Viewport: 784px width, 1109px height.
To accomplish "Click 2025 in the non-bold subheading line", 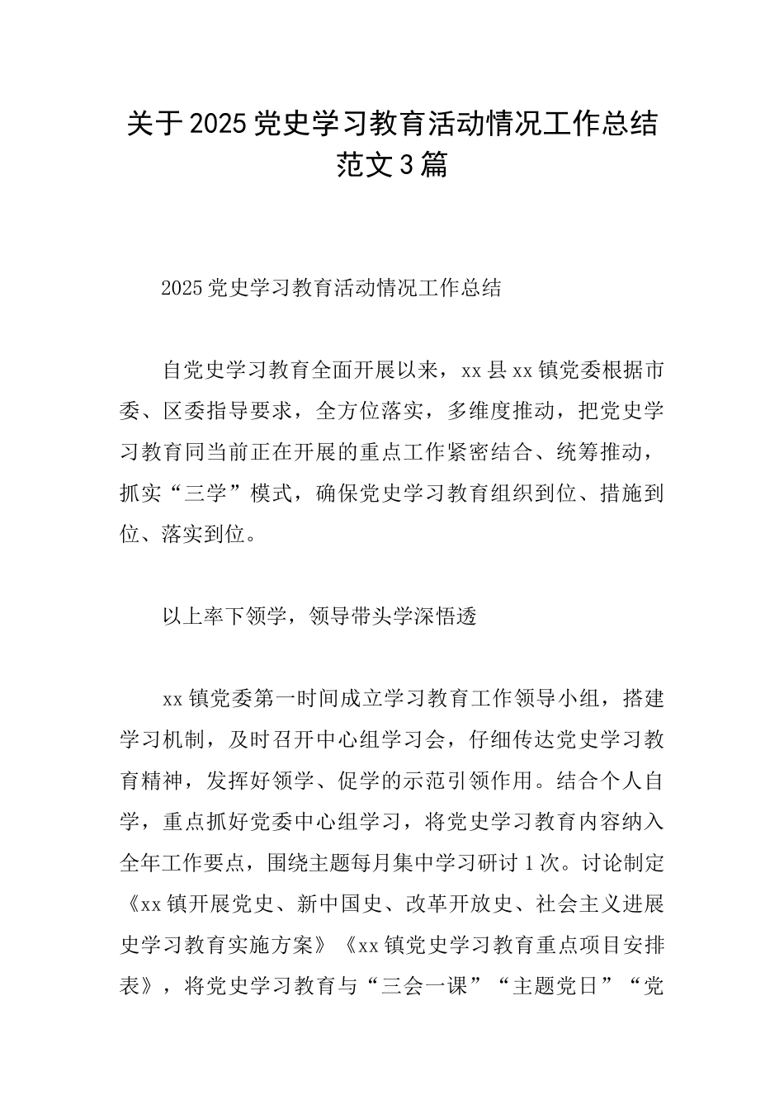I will (x=182, y=288).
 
